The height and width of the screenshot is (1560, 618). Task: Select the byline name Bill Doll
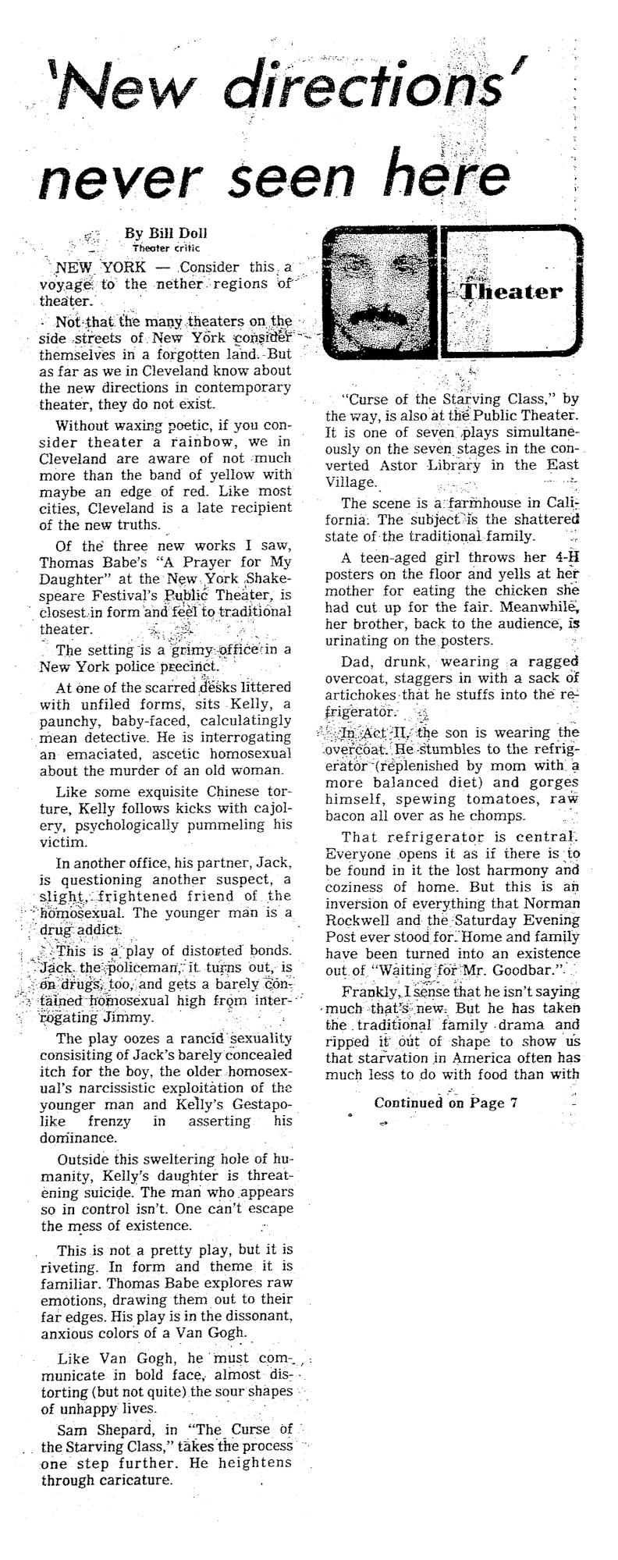coord(165,233)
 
